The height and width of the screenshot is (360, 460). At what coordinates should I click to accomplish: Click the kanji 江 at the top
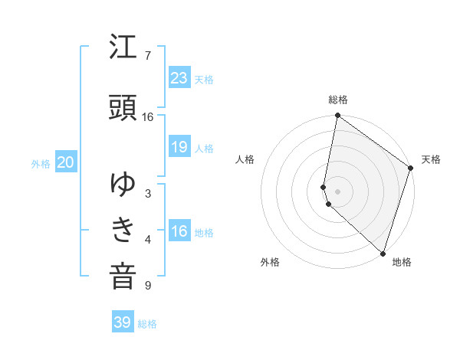pos(123,48)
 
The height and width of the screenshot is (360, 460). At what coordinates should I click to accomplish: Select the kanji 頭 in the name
pos(123,109)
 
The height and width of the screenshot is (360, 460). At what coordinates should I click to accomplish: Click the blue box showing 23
pos(179,77)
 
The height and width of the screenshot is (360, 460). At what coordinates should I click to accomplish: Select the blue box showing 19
pos(179,147)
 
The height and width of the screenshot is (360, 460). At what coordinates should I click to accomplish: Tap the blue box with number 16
pos(179,231)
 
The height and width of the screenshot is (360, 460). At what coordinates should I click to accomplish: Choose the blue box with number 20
pos(65,162)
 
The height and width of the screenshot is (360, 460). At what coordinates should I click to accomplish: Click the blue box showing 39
pos(123,322)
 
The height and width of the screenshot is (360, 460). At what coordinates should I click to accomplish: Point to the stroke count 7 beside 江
pos(148,56)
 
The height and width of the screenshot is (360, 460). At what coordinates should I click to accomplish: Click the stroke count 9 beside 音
pos(148,286)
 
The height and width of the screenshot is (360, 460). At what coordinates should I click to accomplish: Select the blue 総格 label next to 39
pos(147,324)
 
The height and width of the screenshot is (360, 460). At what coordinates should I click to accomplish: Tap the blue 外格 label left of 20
pos(40,163)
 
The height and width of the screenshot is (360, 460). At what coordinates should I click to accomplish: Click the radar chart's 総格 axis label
pos(338,100)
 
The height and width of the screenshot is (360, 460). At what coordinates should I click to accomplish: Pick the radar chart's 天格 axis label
pos(431,159)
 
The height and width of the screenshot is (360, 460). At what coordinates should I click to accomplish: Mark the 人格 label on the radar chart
pos(245,159)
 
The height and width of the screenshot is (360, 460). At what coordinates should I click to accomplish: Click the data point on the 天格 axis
pos(411,169)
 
